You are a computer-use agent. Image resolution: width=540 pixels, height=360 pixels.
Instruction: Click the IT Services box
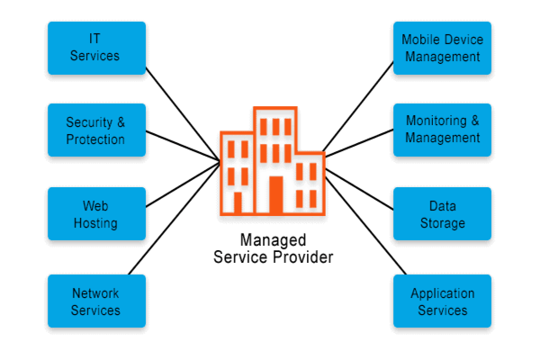(95, 48)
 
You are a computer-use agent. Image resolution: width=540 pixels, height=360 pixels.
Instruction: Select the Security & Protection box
(95, 130)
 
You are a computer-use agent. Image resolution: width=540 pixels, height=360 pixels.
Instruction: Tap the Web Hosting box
(95, 214)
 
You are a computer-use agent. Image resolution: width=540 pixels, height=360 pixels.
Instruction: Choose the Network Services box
(95, 301)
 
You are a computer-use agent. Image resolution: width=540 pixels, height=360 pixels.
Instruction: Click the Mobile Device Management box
(442, 48)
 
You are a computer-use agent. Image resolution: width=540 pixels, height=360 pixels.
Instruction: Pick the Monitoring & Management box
(442, 130)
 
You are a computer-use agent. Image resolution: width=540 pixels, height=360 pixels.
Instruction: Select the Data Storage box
(442, 214)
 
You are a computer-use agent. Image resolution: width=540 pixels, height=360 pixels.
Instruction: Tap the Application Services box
(442, 301)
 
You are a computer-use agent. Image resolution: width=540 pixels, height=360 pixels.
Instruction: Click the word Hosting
(95, 223)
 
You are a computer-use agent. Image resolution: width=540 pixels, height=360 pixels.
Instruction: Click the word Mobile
(419, 40)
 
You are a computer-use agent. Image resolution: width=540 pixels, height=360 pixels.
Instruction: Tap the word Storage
(442, 223)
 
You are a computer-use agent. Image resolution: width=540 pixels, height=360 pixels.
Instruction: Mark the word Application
(442, 293)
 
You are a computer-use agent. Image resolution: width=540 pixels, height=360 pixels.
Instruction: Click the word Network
(95, 293)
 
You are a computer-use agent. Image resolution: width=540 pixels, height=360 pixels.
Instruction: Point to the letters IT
(95, 40)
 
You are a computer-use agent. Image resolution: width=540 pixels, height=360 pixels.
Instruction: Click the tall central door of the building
(275, 193)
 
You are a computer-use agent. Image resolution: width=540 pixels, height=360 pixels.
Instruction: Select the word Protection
(95, 139)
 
